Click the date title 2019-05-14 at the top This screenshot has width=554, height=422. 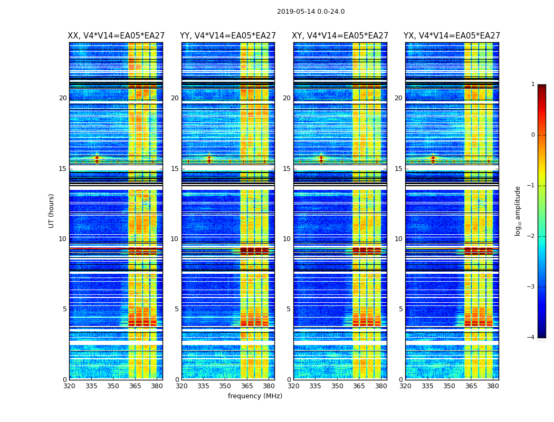click(311, 12)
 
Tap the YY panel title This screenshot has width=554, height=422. click(228, 36)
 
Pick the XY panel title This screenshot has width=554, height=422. click(340, 36)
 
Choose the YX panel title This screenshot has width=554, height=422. click(452, 36)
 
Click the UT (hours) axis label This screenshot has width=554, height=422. click(52, 210)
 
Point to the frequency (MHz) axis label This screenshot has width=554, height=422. click(255, 396)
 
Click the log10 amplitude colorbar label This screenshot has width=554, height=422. click(518, 210)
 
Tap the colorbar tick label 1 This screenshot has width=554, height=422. click(533, 84)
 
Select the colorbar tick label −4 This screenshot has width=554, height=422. click(532, 338)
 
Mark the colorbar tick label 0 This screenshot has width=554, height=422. click(533, 135)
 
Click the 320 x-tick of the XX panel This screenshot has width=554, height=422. click(70, 386)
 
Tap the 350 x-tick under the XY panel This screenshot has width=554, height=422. click(337, 386)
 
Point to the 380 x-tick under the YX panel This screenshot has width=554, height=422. click(493, 386)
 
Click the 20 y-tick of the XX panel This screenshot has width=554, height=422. click(63, 98)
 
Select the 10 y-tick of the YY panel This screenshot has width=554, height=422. click(174, 239)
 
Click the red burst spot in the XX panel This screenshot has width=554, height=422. click(97, 157)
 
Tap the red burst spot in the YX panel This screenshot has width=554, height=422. click(433, 157)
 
